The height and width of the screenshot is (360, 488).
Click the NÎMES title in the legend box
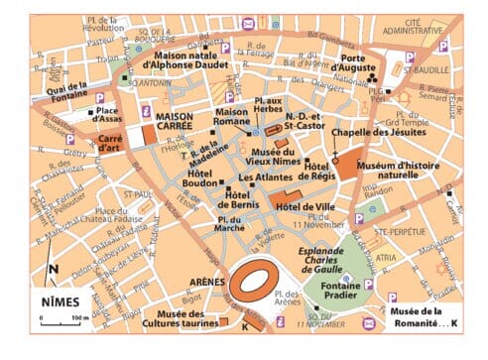pos(61,300)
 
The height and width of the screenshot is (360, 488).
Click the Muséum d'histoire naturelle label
pos(399,170)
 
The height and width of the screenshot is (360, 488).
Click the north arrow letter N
pos(52,268)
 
